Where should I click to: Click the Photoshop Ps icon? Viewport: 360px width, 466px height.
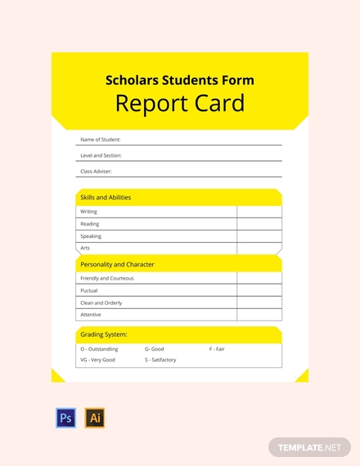[x=65, y=419]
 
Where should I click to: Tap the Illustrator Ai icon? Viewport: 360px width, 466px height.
[x=95, y=419]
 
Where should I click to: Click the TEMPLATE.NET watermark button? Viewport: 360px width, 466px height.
[x=309, y=448]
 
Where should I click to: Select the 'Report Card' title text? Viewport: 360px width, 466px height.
[x=180, y=103]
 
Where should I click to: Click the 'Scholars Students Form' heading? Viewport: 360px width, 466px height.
[x=180, y=80]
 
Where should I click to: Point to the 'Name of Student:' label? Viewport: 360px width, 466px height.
[x=101, y=140]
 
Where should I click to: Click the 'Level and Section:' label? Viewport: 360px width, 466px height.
[x=101, y=155]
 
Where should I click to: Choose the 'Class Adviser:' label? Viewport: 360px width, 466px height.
[x=97, y=172]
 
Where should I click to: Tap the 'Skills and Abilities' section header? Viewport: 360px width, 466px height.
[x=106, y=198]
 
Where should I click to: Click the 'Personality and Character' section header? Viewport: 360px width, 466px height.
[x=117, y=265]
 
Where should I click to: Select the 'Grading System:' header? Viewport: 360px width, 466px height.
[x=103, y=334]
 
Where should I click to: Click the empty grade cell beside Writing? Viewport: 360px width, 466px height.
[x=259, y=212]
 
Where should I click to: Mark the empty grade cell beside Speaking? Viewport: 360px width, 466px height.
[x=259, y=236]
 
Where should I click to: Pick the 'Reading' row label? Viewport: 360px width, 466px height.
[x=90, y=224]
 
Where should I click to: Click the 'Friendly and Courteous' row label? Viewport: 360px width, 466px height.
[x=107, y=278]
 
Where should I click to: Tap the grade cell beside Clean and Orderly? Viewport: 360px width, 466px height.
[x=259, y=302]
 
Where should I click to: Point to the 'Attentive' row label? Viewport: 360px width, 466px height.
[x=92, y=315]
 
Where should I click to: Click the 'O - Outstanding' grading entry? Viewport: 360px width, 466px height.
[x=99, y=349]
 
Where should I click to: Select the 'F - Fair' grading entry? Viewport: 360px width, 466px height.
[x=217, y=349]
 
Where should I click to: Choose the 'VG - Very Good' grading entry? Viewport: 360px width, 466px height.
[x=97, y=360]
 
